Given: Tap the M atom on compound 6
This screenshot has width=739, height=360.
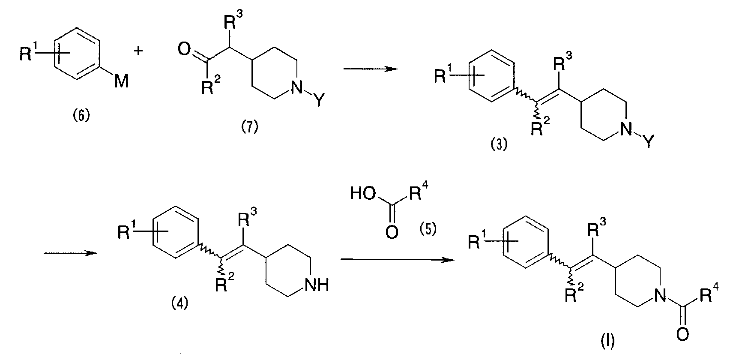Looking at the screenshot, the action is pyautogui.click(x=121, y=81).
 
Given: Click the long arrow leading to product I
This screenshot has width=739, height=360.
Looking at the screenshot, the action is pyautogui.click(x=397, y=260).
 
